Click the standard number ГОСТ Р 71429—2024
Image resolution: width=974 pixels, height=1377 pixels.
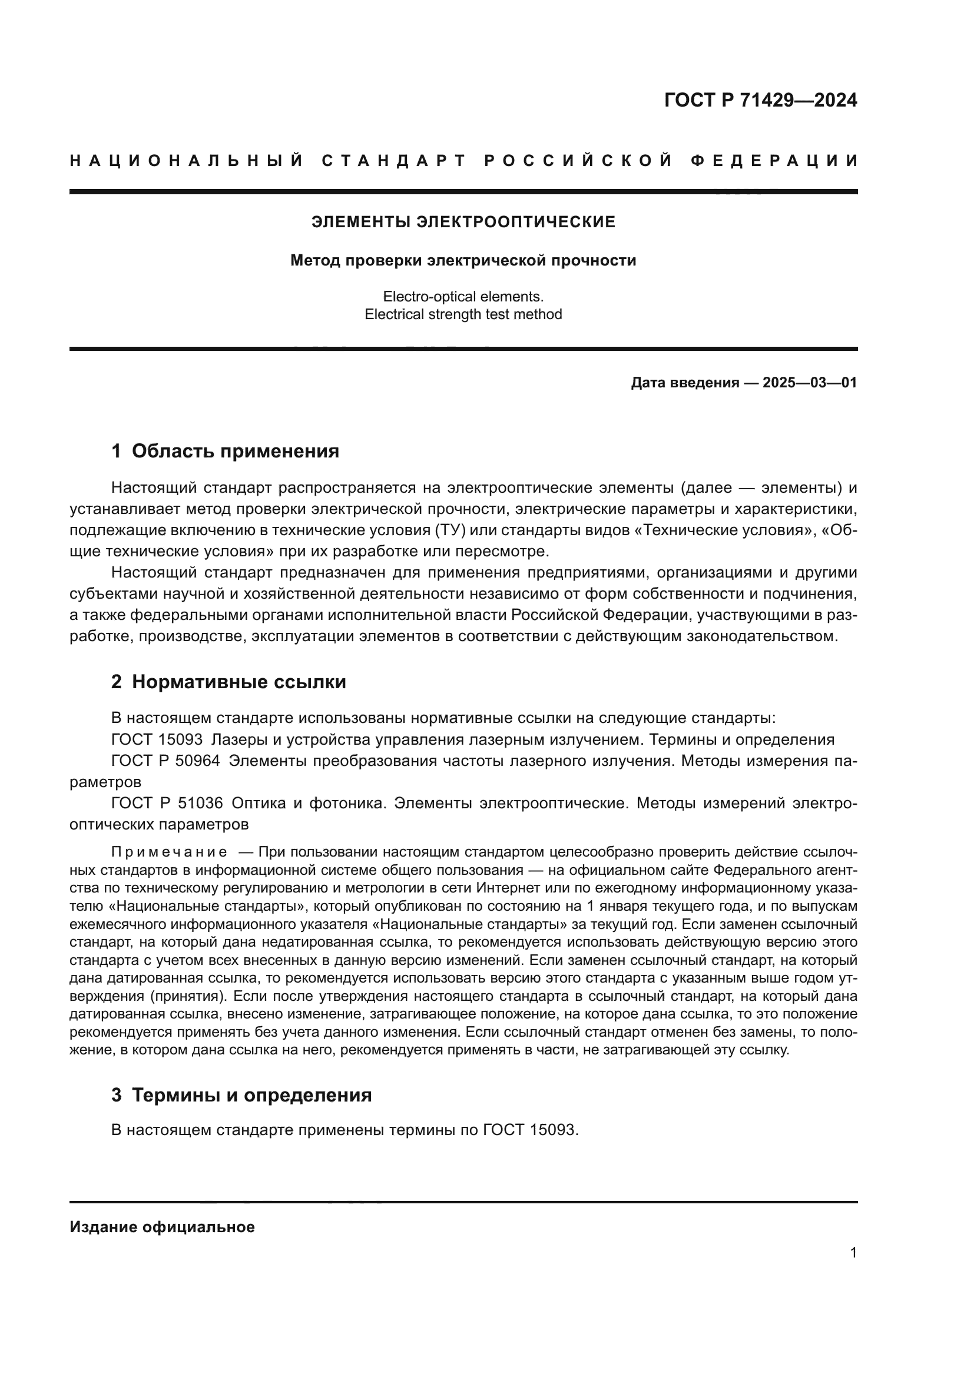[x=760, y=100]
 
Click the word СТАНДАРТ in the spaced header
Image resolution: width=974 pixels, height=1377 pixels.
[x=394, y=161]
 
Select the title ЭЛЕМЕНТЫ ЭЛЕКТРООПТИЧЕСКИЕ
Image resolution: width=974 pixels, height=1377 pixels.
[x=463, y=222]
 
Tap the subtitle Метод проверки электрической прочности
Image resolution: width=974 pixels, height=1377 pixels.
[x=463, y=260]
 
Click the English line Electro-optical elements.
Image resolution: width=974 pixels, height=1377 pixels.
[x=463, y=296]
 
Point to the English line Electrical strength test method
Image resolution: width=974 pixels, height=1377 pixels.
[x=463, y=314]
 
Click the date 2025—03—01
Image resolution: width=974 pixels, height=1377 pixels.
[x=810, y=383]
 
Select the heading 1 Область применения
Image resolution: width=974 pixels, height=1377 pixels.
[x=225, y=451]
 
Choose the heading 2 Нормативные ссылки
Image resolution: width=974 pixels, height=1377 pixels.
[x=228, y=682]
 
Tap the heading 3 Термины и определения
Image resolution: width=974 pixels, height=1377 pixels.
[x=241, y=1094]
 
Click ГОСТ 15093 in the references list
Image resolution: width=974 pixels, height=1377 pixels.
[x=157, y=739]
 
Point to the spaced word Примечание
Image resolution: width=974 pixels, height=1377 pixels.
[x=169, y=852]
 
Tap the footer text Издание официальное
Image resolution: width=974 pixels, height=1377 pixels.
[x=162, y=1226]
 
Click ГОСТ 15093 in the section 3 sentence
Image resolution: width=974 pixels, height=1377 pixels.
[x=530, y=1130]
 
